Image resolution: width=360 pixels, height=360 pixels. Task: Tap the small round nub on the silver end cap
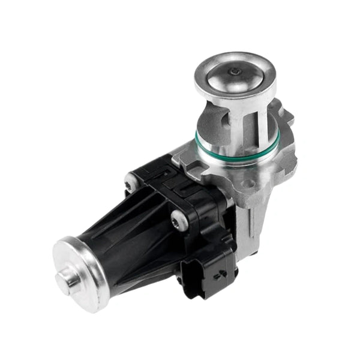point(68,278)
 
